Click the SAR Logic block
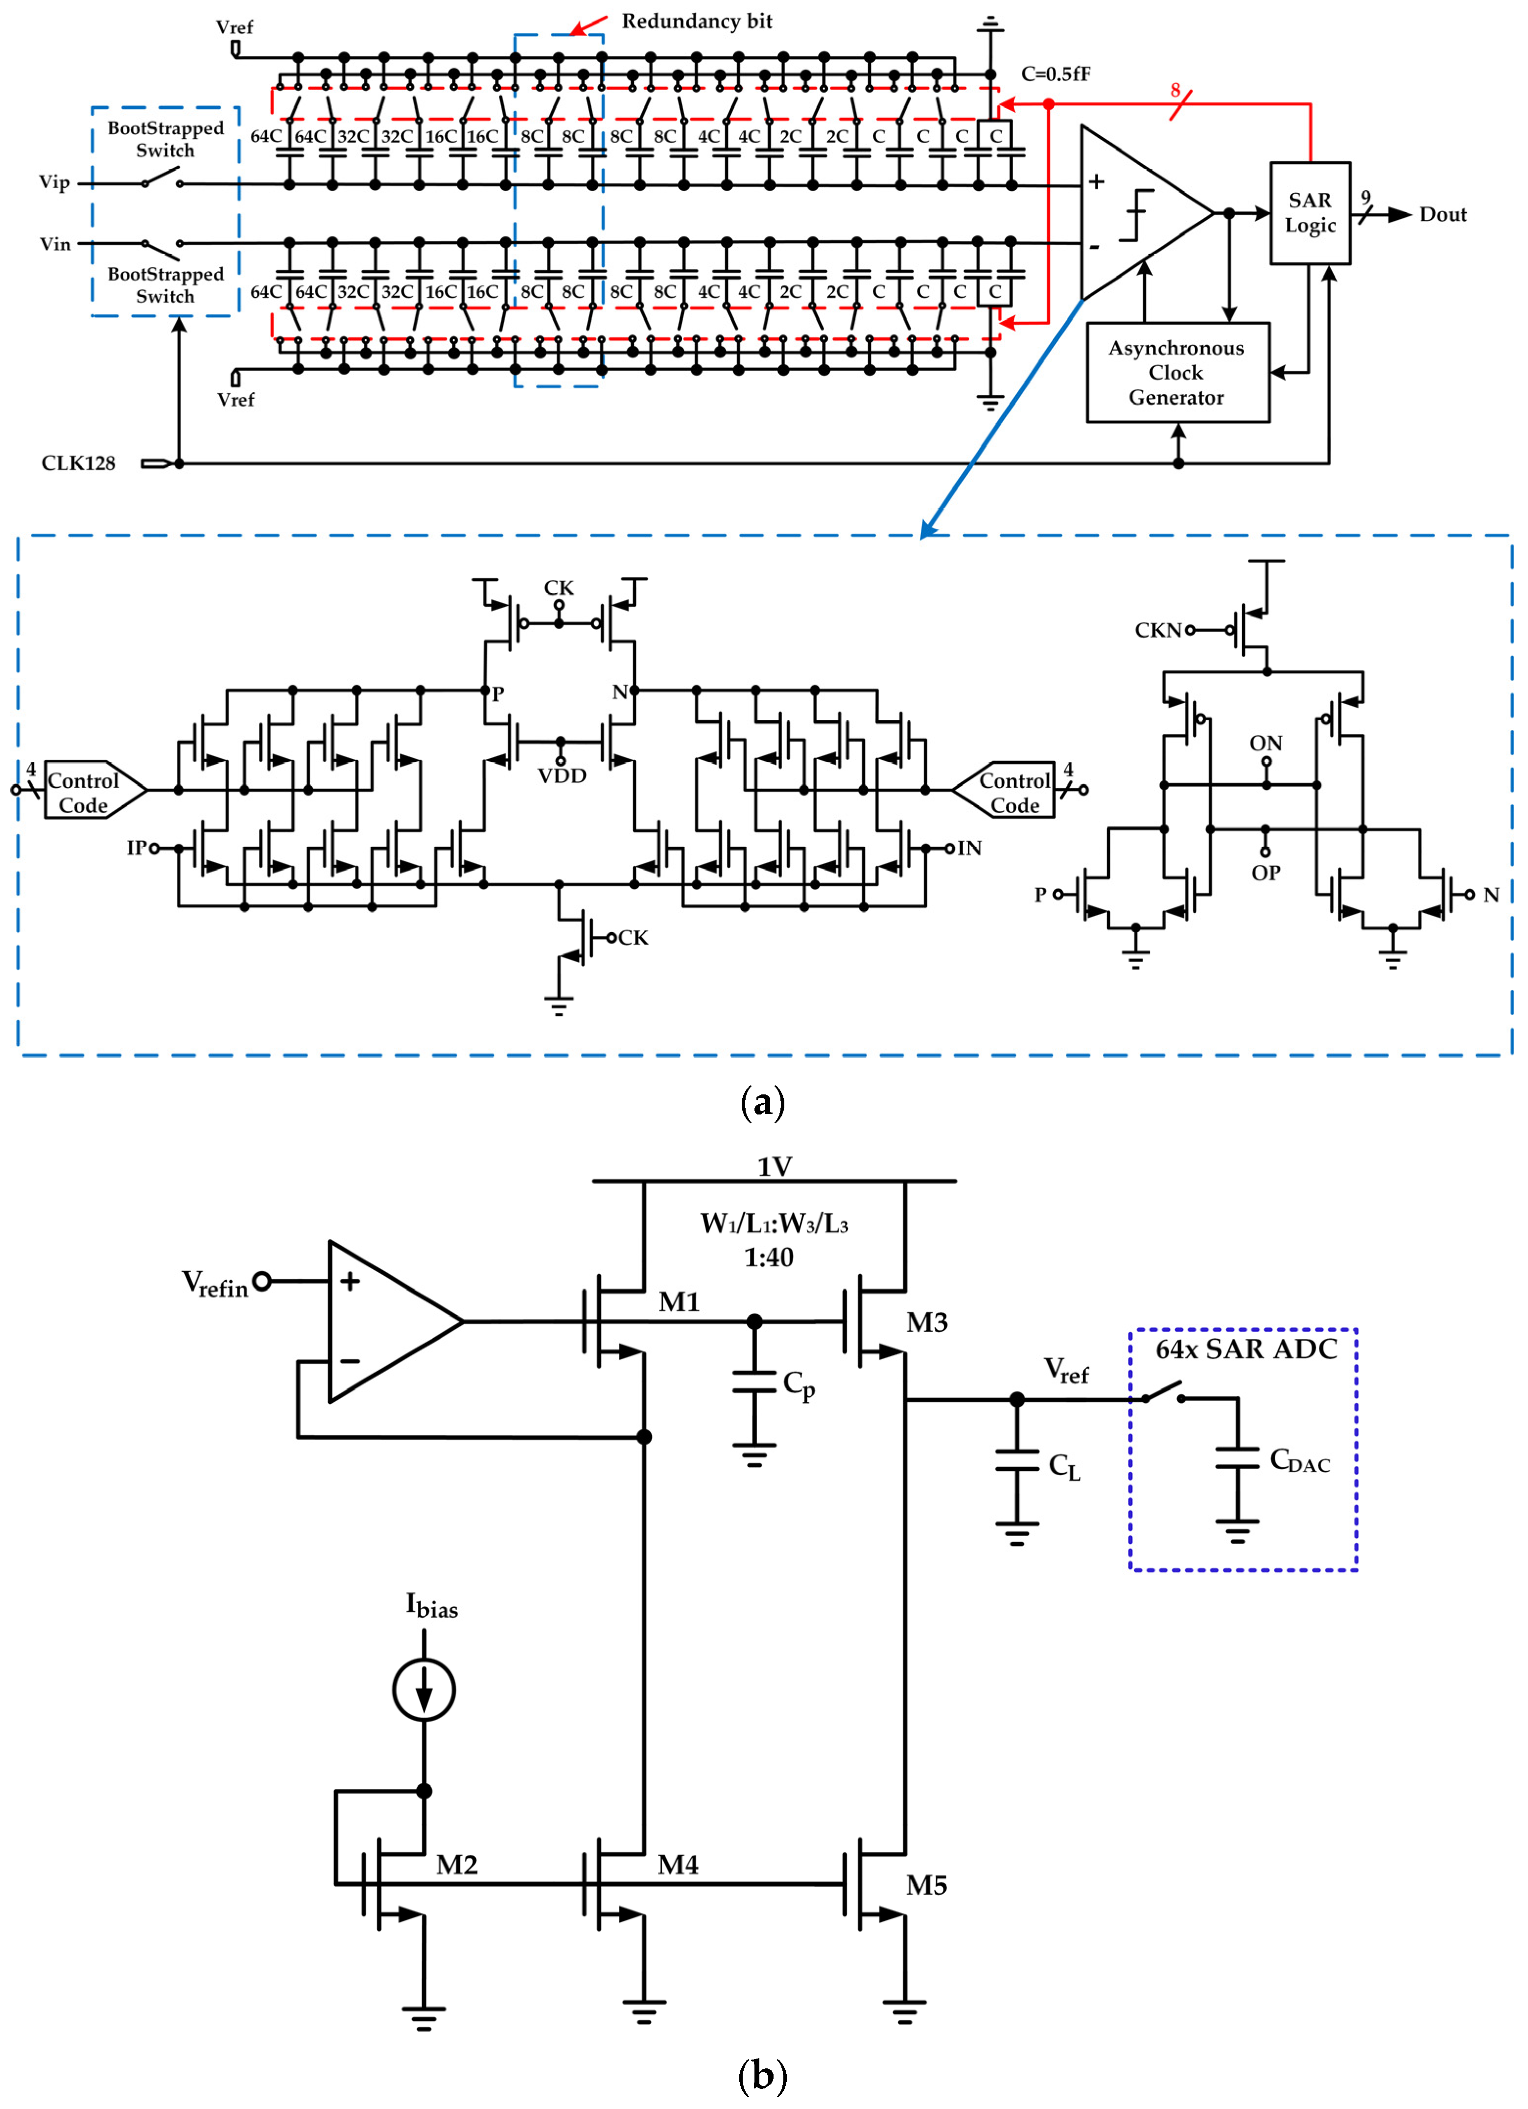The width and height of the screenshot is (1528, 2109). point(1310,213)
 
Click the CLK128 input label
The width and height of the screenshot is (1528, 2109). point(78,463)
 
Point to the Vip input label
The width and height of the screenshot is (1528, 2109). point(54,182)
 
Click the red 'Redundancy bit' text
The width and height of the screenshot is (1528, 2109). point(697,22)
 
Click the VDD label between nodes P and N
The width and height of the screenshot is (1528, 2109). point(562,776)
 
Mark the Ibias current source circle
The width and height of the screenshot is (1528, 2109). point(424,1690)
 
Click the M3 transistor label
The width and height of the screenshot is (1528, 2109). point(926,1322)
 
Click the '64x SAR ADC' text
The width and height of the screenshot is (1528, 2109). point(1246,1349)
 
